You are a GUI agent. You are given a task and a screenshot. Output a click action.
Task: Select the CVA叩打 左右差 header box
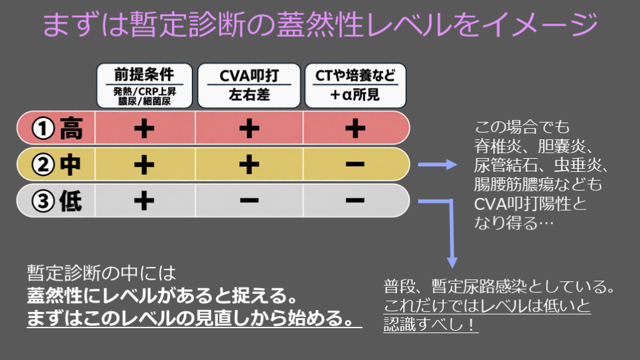coord(249,86)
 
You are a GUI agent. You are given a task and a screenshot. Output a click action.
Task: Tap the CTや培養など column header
coord(355,75)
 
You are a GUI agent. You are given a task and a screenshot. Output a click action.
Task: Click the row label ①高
coord(57,128)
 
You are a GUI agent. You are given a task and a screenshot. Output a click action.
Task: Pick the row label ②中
coord(56,164)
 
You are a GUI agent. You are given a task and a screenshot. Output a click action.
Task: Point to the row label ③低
coord(57,201)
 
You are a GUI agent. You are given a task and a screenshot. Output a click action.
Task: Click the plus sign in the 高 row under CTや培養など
coord(355,128)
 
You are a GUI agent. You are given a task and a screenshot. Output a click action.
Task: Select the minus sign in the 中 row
coord(355,164)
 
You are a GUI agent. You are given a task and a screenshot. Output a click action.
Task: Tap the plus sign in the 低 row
coord(144,201)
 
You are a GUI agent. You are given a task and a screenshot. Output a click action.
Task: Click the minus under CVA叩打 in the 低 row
coord(249,201)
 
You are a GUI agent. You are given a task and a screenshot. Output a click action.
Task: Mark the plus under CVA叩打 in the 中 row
coord(249,164)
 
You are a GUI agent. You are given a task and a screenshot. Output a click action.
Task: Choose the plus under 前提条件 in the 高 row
coord(144,128)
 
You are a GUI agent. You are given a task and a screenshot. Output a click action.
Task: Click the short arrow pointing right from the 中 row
coord(437,164)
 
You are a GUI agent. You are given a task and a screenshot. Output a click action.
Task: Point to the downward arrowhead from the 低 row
coord(452,262)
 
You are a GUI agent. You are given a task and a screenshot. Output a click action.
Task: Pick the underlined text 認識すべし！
coord(431,324)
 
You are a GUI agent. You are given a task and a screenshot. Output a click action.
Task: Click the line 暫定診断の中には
coord(101,273)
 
